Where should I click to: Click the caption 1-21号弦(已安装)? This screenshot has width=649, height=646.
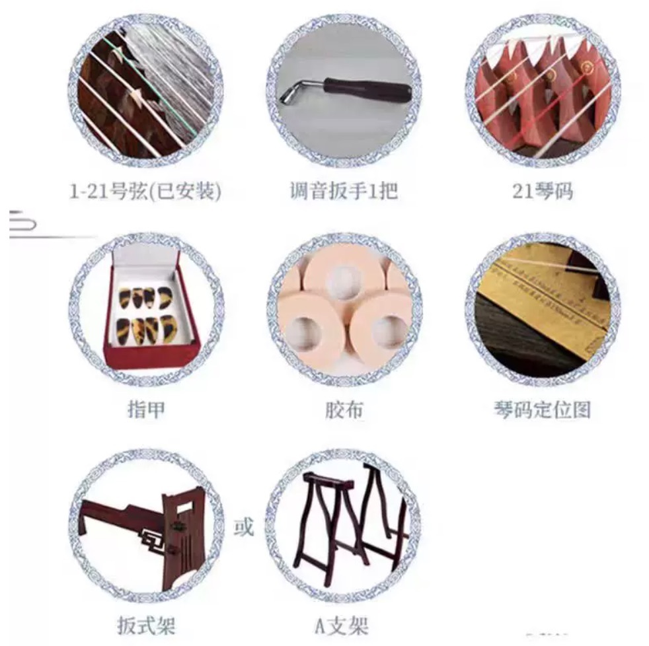click(145, 192)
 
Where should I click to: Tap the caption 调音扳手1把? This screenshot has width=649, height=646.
click(344, 191)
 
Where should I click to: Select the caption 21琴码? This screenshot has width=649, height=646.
click(543, 191)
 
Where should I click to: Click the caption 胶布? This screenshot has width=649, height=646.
click(344, 410)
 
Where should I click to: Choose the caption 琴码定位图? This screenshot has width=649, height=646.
click(542, 410)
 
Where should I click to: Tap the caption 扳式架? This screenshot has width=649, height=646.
click(146, 626)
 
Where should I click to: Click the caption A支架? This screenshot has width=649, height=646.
click(342, 626)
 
